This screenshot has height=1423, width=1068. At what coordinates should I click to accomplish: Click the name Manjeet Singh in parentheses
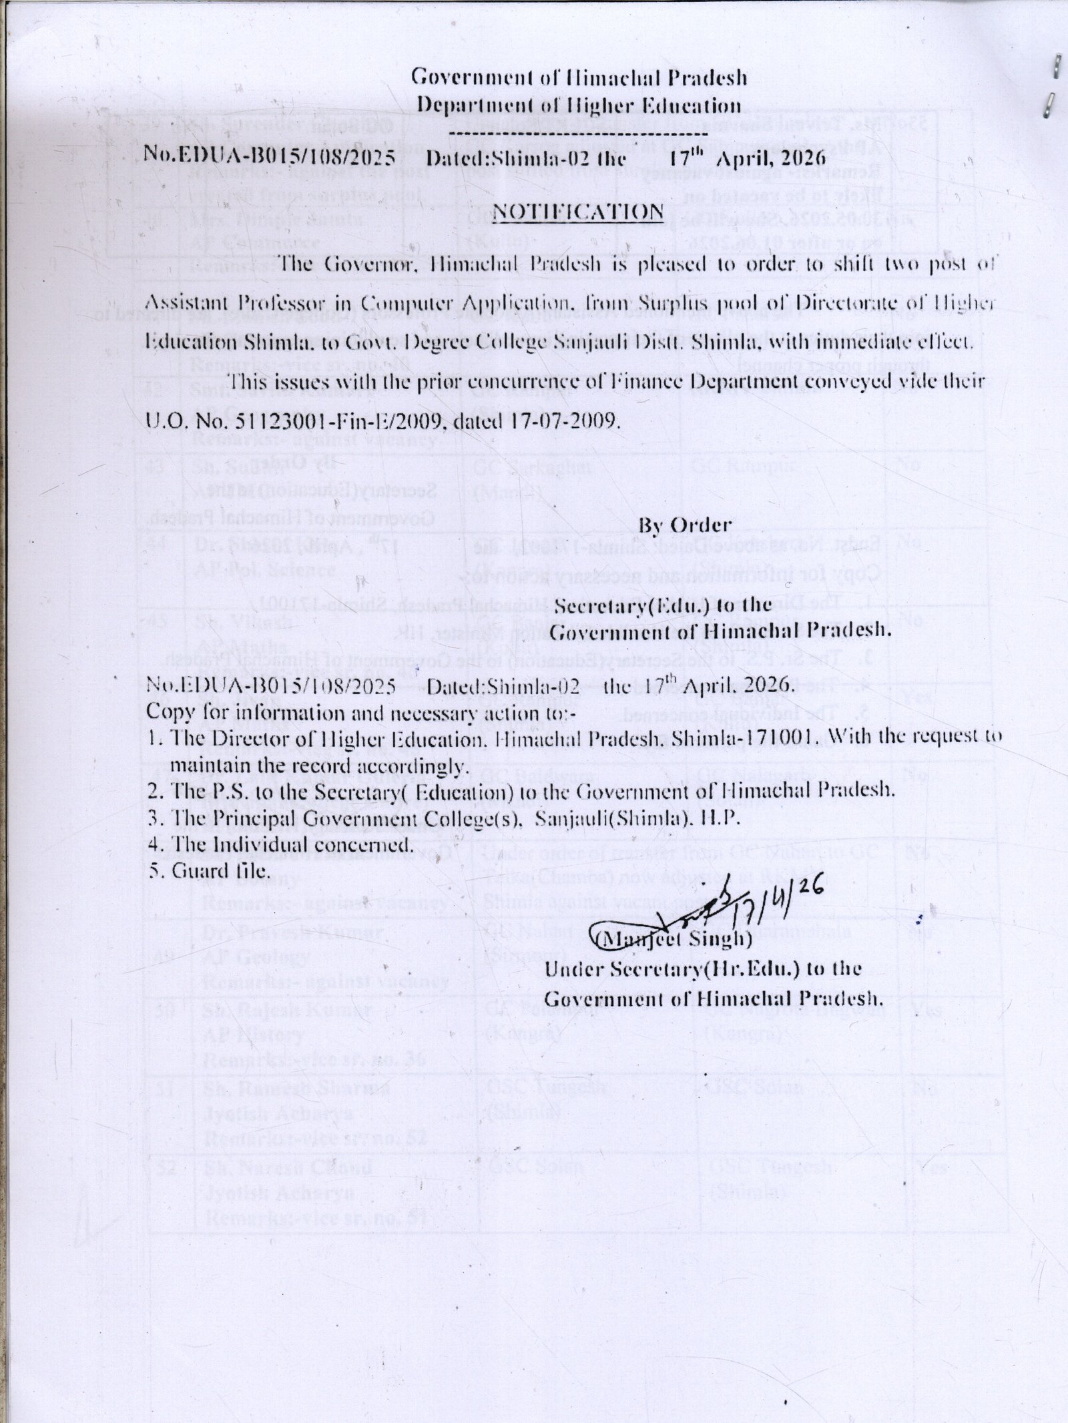[674, 940]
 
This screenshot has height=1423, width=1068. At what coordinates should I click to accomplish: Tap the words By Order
[685, 525]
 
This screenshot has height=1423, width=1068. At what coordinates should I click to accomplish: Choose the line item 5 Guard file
[208, 871]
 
